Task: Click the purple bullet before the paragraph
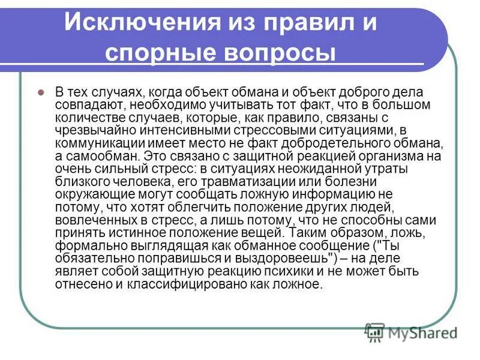[41, 93]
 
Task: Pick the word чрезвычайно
[90, 131]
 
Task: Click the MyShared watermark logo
[410, 332]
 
